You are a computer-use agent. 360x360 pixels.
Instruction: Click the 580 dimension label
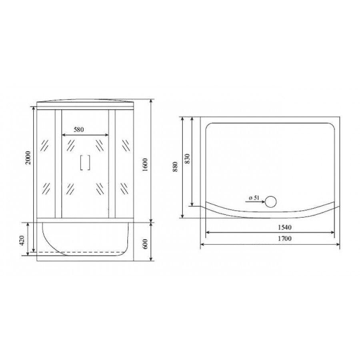pyautogui.click(x=79, y=130)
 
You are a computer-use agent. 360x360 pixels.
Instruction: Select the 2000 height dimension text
pyautogui.click(x=28, y=158)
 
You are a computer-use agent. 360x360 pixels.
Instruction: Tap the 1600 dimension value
pyautogui.click(x=144, y=165)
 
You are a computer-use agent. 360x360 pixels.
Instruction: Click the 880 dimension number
pyautogui.click(x=176, y=167)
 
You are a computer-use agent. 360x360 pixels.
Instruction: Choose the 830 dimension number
pyautogui.click(x=187, y=158)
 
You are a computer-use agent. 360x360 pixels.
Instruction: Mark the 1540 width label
pyautogui.click(x=284, y=227)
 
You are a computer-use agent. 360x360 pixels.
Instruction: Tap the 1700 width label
pyautogui.click(x=284, y=238)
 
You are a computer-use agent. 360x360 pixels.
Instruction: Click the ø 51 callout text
pyautogui.click(x=254, y=198)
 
